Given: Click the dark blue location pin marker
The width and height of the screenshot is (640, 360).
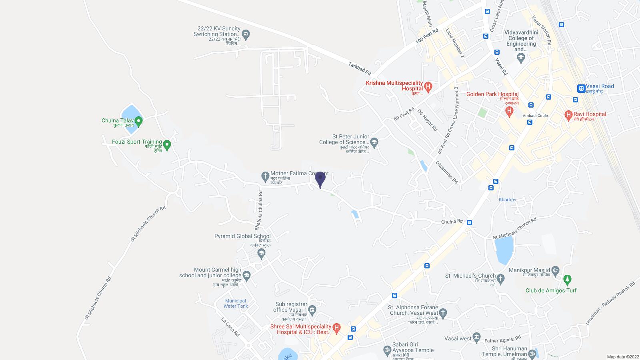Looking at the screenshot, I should [x=320, y=179].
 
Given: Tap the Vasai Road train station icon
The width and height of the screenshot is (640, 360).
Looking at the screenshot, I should [x=581, y=89].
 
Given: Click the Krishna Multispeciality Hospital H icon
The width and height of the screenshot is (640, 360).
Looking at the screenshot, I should [x=428, y=87].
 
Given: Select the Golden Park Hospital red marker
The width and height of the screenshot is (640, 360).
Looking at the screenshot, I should [x=509, y=111].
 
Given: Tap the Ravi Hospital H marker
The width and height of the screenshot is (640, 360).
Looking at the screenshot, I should [x=568, y=116].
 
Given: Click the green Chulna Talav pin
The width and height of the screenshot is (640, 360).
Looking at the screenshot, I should [x=138, y=120].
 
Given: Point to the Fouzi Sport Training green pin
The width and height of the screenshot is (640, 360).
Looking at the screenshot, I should [x=167, y=145].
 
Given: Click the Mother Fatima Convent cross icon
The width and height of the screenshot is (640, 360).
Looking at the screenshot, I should [x=265, y=176].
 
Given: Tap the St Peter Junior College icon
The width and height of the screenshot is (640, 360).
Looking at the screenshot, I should [x=374, y=142].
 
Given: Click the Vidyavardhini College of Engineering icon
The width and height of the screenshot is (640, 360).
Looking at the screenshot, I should [x=521, y=58].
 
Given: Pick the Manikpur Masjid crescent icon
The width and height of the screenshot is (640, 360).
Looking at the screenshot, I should [x=555, y=272].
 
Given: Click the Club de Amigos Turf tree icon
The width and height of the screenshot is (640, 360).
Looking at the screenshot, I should [x=567, y=279].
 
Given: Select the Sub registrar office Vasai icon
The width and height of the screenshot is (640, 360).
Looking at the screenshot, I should [x=312, y=310].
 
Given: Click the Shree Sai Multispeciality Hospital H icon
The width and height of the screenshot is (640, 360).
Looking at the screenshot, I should [x=337, y=328].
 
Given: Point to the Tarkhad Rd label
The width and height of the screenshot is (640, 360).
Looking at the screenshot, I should [x=360, y=69].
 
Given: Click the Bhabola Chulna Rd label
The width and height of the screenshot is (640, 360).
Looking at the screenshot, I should [x=259, y=210].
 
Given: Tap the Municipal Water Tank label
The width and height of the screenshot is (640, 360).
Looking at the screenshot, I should [x=236, y=304].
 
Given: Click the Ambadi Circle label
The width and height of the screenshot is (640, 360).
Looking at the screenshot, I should [x=535, y=116].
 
